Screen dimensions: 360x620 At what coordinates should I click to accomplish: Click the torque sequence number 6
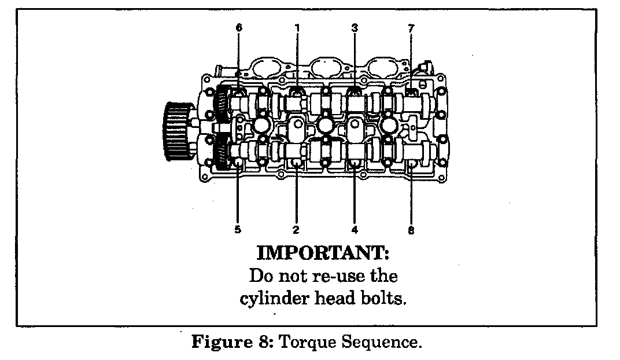click(x=239, y=28)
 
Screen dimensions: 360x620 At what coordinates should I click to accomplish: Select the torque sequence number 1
click(x=297, y=28)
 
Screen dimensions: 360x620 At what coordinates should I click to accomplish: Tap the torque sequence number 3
click(x=355, y=28)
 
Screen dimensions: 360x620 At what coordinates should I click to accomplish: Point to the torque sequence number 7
click(x=411, y=28)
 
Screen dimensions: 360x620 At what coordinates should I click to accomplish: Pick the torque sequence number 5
click(x=238, y=230)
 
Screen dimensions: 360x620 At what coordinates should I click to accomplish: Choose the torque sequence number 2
click(x=296, y=230)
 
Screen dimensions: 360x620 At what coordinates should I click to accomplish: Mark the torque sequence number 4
click(x=355, y=230)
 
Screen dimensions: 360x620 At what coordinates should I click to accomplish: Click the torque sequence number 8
click(x=411, y=230)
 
